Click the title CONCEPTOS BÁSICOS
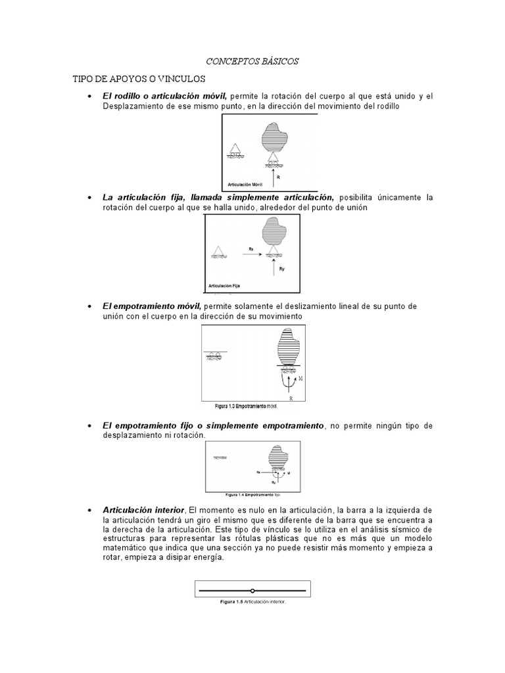[x=252, y=61]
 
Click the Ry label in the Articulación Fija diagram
[x=281, y=269]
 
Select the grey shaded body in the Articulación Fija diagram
[x=276, y=232]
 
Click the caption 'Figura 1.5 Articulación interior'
[x=252, y=600]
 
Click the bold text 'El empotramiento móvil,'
[x=152, y=306]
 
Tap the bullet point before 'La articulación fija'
[x=89, y=198]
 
